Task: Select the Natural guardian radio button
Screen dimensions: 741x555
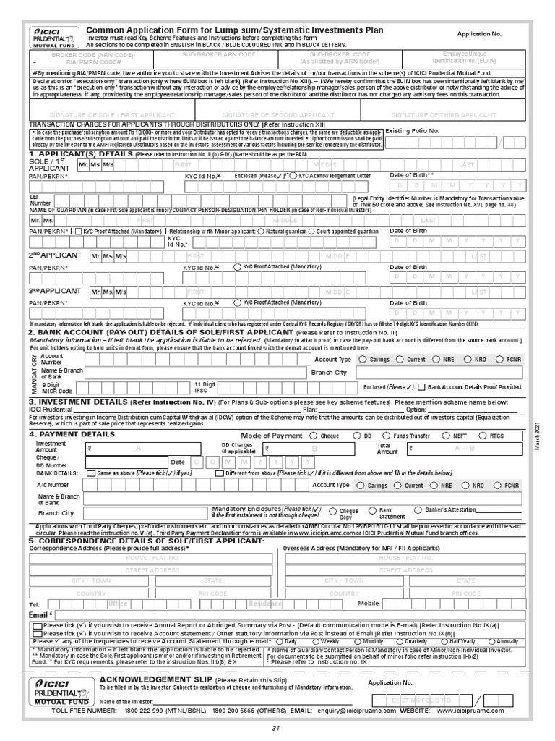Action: (x=264, y=232)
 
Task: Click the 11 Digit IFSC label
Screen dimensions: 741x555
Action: (x=205, y=387)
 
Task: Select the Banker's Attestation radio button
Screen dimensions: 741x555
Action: (x=418, y=509)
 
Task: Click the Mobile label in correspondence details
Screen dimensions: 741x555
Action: (x=368, y=603)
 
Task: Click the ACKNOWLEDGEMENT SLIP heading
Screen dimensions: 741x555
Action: (x=155, y=681)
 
